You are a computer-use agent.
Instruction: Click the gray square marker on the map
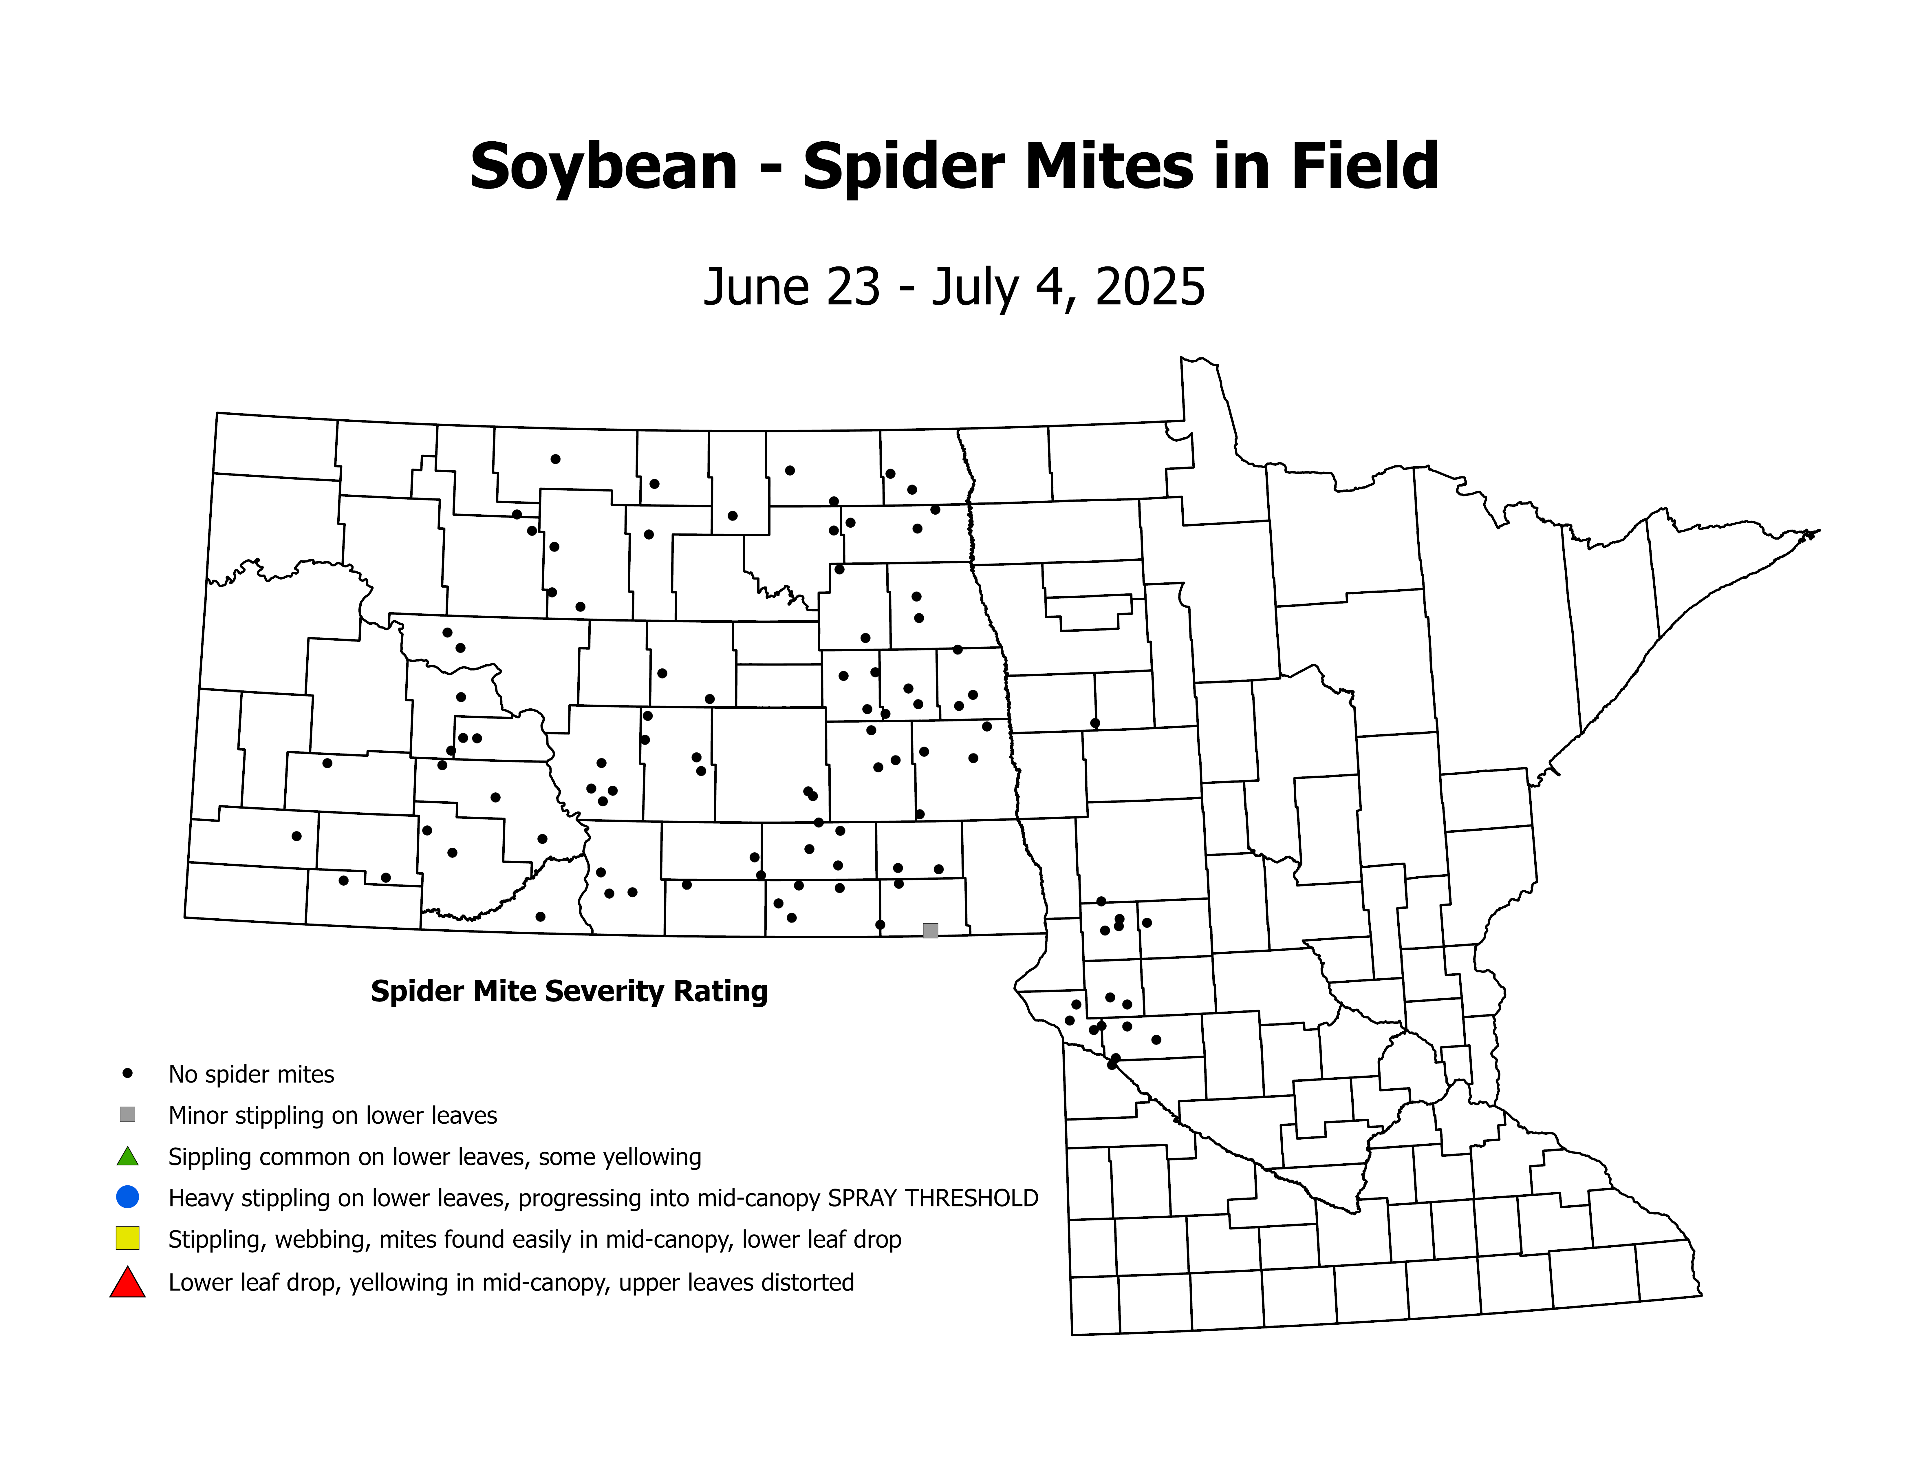click(930, 930)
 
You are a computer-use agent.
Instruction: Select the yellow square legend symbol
click(128, 1238)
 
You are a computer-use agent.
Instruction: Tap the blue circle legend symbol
click(128, 1196)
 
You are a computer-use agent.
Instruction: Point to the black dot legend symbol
click(128, 1073)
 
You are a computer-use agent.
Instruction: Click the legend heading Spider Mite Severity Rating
click(569, 991)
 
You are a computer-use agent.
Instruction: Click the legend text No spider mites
click(251, 1074)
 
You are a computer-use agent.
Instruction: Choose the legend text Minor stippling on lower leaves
click(332, 1116)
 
